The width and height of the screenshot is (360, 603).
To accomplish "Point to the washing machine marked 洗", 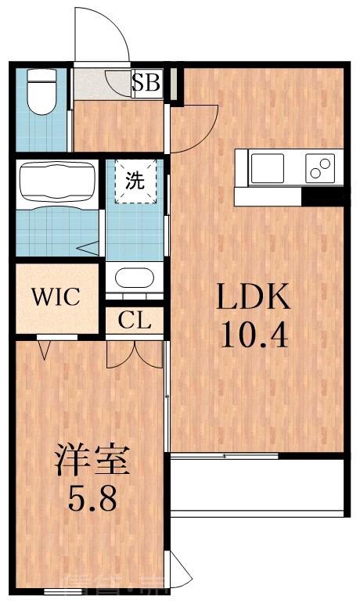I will click(135, 181).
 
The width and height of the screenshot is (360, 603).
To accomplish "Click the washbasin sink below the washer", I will click(135, 278).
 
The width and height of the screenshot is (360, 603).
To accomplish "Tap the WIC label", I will click(55, 296).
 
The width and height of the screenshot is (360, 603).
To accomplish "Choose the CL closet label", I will click(135, 321).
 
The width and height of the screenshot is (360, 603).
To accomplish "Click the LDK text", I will click(254, 298).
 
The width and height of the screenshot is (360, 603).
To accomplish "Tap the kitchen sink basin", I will click(267, 167).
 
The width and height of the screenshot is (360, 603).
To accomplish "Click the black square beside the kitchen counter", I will click(322, 196).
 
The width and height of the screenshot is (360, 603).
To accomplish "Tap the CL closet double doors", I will click(135, 352).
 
